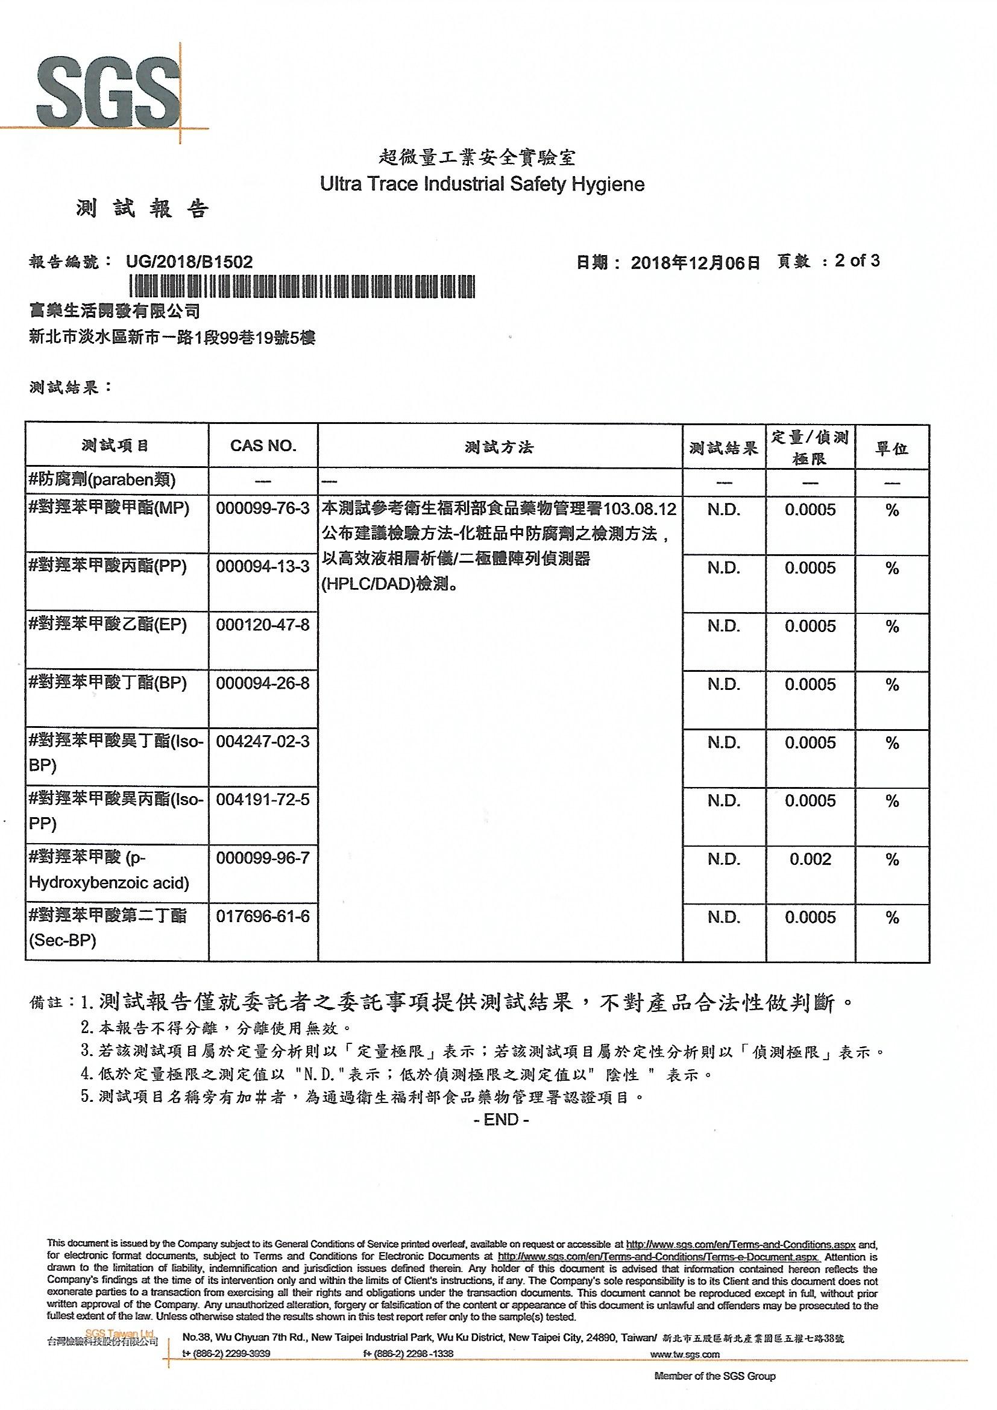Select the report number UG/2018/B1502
189,262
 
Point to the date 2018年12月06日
695,263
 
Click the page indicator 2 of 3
857,261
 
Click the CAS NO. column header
263,446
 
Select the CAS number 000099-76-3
263,508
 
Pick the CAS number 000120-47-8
263,625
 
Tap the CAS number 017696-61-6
263,916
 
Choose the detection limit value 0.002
810,859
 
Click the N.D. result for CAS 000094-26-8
724,684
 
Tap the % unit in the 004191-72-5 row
892,801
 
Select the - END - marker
501,1119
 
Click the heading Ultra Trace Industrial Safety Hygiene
482,184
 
